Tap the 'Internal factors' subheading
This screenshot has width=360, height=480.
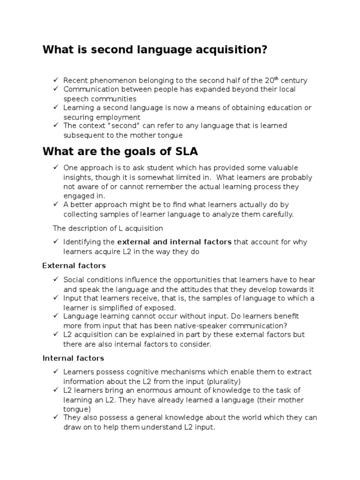(73, 358)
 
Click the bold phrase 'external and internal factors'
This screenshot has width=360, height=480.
(174, 242)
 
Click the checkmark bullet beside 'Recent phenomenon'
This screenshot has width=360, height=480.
(55, 80)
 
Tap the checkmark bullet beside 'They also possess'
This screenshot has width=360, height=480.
(55, 417)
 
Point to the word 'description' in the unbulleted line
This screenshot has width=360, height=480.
(88, 228)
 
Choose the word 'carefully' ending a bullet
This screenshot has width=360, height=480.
(276, 214)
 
